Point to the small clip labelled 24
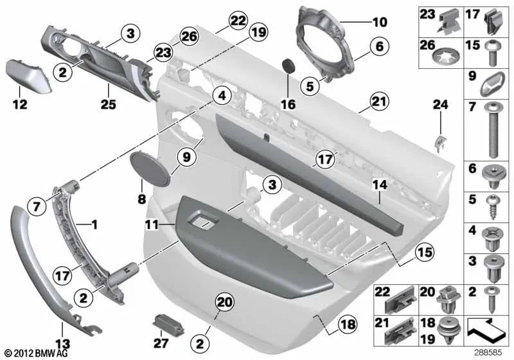[x=440, y=143]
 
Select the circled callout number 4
[x=220, y=97]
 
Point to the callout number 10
[x=380, y=22]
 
